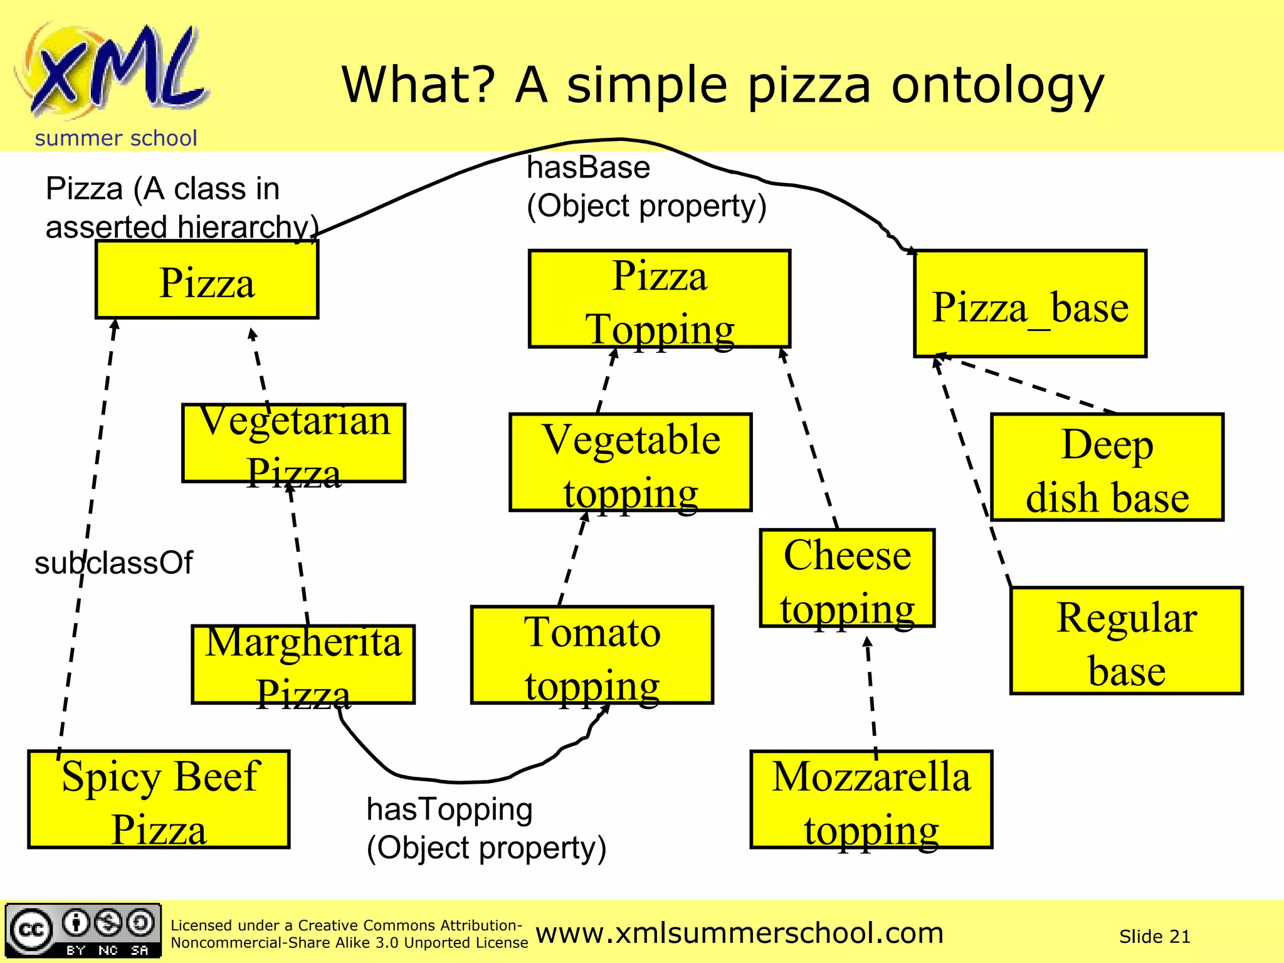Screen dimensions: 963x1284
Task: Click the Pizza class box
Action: [207, 280]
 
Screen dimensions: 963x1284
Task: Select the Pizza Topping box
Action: [660, 299]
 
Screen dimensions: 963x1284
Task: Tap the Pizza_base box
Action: [1030, 304]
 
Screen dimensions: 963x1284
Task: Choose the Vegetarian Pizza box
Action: [294, 443]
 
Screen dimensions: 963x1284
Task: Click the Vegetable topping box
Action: [631, 463]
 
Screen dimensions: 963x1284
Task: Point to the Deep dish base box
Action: [1107, 468]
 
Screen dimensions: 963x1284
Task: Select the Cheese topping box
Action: [847, 578]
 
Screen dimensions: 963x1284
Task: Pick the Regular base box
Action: [1127, 641]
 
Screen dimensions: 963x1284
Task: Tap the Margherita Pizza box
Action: [303, 665]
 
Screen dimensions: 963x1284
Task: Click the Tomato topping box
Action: [592, 655]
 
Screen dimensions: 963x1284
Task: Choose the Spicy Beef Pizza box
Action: [159, 799]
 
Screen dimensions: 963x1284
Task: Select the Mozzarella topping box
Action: [871, 800]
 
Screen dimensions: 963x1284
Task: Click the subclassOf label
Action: [113, 563]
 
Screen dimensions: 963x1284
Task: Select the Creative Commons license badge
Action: [83, 931]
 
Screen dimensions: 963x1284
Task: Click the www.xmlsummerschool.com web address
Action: [740, 934]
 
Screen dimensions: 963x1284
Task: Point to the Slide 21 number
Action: [1154, 937]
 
